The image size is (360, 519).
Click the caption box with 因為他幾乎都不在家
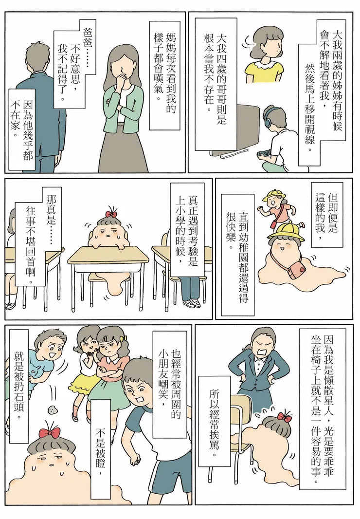coord(22,130)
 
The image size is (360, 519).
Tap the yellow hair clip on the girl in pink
coord(124,338)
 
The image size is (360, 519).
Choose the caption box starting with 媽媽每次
coord(164,76)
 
